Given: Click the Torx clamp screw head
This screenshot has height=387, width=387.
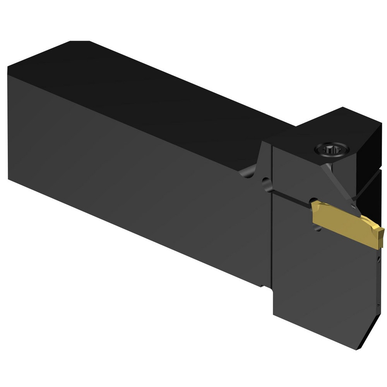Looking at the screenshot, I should [332, 148].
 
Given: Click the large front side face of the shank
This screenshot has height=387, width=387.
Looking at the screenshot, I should [135, 170].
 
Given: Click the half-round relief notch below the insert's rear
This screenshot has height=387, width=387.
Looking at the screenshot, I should [317, 228].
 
